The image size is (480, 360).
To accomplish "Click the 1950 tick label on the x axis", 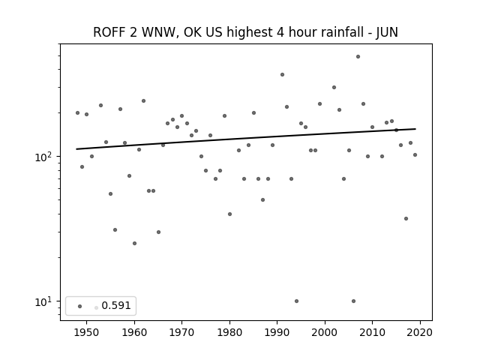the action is tap(86, 332).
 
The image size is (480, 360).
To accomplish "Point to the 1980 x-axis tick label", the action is tap(229, 332).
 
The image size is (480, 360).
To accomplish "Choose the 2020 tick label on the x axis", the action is tap(420, 332).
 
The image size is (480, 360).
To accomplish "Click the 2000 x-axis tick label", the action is tap(325, 332).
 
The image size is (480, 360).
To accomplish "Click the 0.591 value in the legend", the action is tap(116, 305).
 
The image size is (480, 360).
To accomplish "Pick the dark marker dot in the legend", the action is tap(80, 307).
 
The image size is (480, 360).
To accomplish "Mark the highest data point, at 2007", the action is tap(358, 57).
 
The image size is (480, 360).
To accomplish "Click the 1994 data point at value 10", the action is tap(296, 301).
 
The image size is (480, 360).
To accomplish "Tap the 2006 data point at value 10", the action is tap(353, 301).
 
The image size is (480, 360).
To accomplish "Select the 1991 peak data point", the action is tap(282, 75).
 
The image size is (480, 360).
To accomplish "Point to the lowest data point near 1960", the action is tap(134, 243).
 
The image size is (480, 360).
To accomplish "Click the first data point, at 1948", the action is tap(77, 113).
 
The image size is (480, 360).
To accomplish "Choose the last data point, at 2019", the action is tap(415, 155).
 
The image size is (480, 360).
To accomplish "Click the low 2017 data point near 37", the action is tap(406, 218).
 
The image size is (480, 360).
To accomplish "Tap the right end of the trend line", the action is tap(415, 129).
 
